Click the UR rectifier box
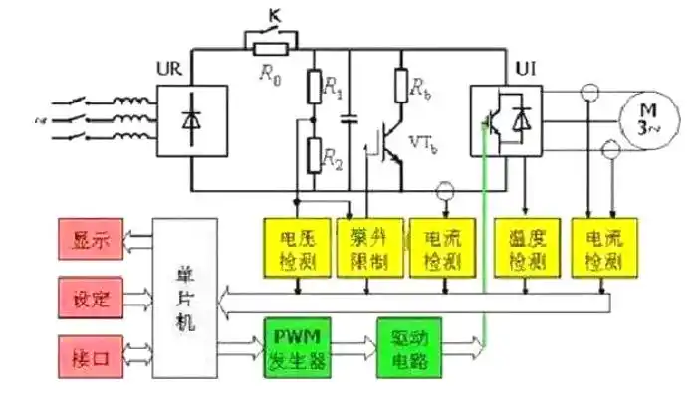190,117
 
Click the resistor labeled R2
314,155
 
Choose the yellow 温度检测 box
523,246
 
